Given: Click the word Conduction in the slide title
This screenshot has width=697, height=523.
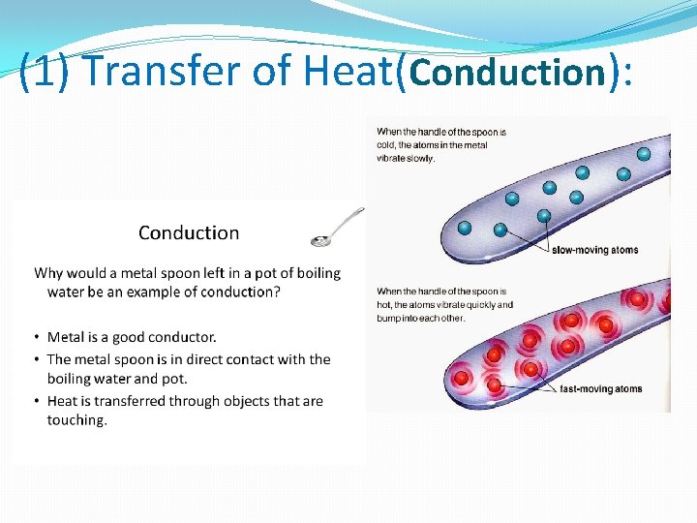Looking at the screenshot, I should click(507, 71).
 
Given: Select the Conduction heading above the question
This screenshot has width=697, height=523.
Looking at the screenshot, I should click(189, 232).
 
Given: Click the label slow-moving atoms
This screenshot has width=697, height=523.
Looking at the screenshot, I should click(594, 250).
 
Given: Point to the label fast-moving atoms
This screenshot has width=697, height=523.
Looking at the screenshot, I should click(600, 389).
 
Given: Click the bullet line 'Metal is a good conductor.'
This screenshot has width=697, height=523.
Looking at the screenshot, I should click(132, 337).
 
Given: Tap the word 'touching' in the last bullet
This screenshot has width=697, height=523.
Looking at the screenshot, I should click(76, 420).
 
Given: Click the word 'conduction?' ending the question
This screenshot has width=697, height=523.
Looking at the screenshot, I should click(241, 292).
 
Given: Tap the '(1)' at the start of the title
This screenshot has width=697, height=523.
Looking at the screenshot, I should click(44, 71).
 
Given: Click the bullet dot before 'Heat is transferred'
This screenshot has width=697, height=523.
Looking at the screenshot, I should click(37, 401).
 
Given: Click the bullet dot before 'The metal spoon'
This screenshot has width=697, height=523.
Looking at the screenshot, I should click(37, 359).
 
